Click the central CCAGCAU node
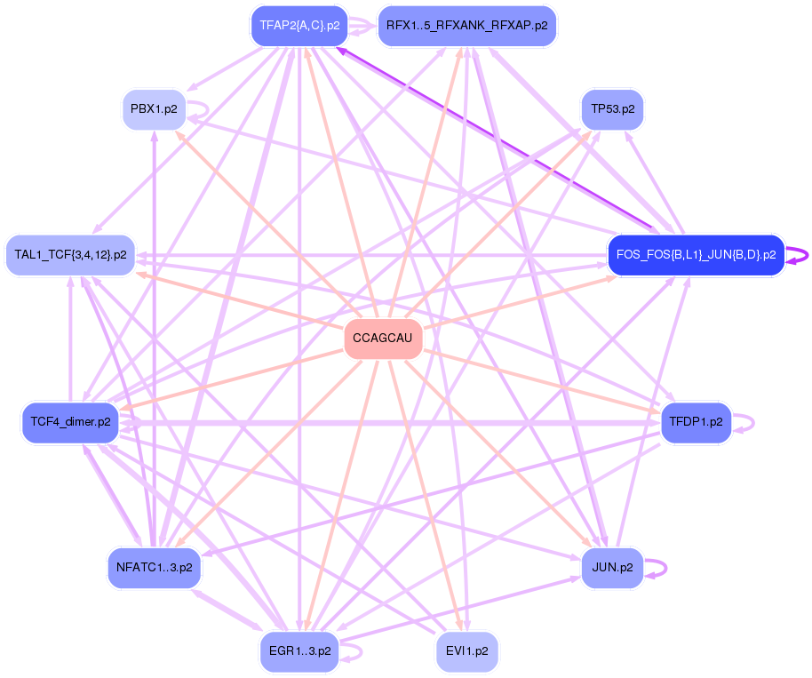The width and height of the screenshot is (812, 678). pyautogui.click(x=383, y=339)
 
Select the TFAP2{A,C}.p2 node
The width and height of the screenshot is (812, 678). pyautogui.click(x=299, y=25)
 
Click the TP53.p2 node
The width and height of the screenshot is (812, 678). pyautogui.click(x=612, y=110)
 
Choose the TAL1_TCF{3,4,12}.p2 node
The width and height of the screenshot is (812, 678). pyautogui.click(x=70, y=255)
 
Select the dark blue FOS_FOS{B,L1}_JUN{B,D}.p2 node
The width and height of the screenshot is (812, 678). pyautogui.click(x=696, y=255)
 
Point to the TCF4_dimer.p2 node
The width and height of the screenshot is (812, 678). pyautogui.click(x=70, y=421)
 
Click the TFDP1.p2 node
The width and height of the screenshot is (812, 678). pyautogui.click(x=696, y=421)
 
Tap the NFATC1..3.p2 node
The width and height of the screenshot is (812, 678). pyautogui.click(x=155, y=567)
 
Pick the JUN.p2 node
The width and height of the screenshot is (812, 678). pyautogui.click(x=612, y=567)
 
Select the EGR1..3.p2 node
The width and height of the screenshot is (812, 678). pyautogui.click(x=299, y=650)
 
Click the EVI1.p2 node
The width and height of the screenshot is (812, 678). pyautogui.click(x=467, y=650)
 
